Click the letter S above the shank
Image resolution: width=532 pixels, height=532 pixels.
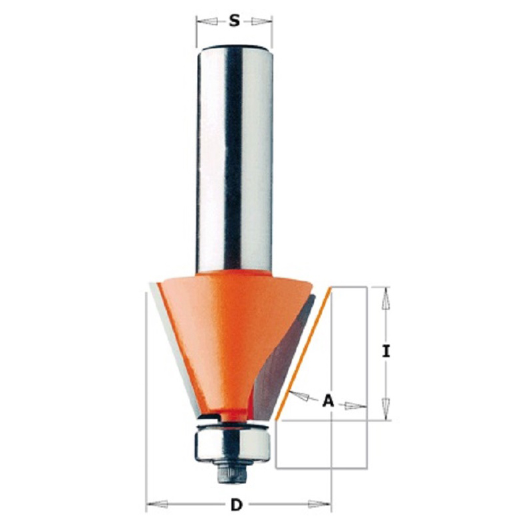coord(234,21)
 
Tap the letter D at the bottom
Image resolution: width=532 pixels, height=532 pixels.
coord(237,505)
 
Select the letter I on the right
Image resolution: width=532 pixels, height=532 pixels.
coord(386,351)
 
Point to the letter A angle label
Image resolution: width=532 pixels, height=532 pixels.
coord(328,401)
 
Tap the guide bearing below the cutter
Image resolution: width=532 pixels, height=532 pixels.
coord(232,445)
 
